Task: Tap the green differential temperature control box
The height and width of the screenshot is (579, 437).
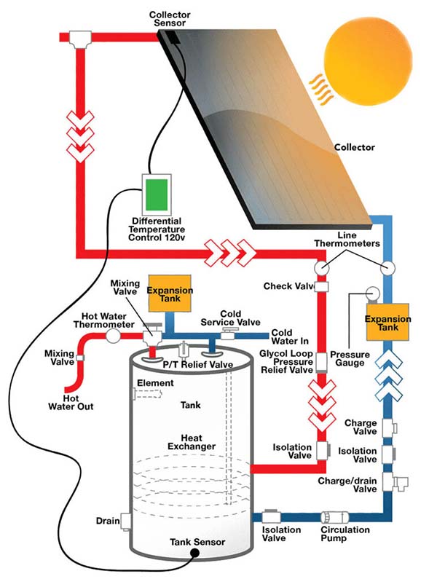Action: (x=156, y=194)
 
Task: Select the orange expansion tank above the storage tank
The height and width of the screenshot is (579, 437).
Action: (x=169, y=293)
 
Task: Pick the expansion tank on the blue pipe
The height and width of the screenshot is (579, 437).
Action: (x=383, y=323)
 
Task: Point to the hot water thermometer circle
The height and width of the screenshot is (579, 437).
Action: (x=113, y=336)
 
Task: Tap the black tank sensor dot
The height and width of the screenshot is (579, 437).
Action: (x=195, y=554)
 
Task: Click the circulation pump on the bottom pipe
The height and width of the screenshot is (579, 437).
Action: (x=335, y=516)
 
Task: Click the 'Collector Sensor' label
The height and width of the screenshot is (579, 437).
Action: (x=169, y=19)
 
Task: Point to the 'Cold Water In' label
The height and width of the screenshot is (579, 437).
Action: (x=285, y=336)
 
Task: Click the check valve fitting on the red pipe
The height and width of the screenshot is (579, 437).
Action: (x=320, y=286)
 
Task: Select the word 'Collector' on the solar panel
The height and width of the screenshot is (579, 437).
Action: (x=354, y=147)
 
